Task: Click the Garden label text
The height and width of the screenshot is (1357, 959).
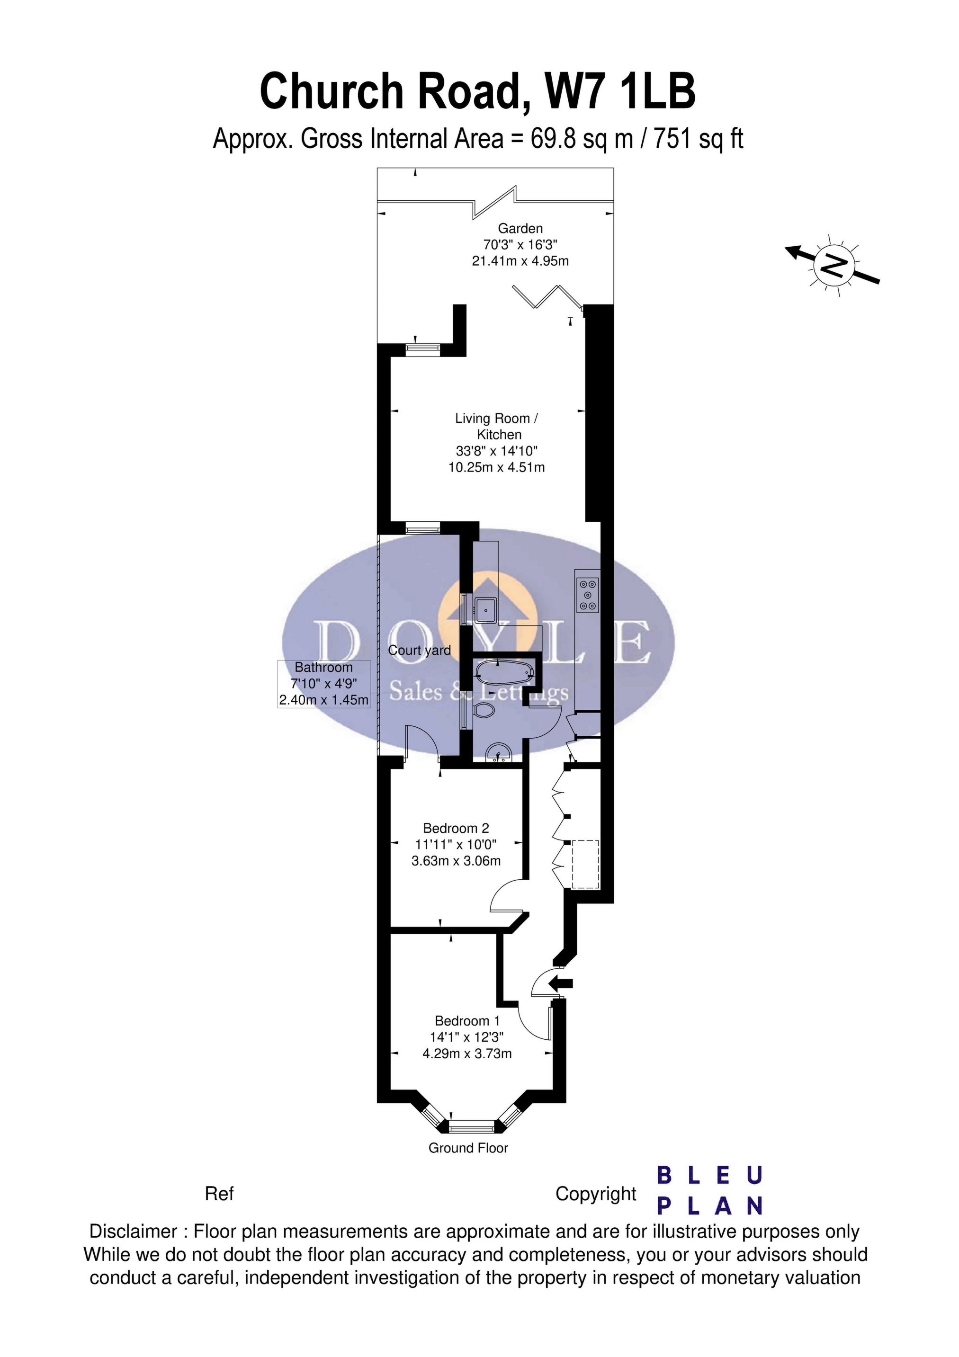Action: pyautogui.click(x=520, y=228)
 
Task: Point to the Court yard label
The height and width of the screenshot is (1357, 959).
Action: pyautogui.click(x=419, y=650)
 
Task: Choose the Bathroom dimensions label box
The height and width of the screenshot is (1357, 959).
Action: pyautogui.click(x=324, y=684)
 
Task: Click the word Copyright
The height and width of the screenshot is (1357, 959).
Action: pyautogui.click(x=596, y=1194)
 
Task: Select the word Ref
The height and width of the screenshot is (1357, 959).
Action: pyautogui.click(x=219, y=1194)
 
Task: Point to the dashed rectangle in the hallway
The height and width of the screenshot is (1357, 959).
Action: pyautogui.click(x=585, y=864)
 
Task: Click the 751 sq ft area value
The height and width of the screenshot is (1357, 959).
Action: pyautogui.click(x=698, y=139)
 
